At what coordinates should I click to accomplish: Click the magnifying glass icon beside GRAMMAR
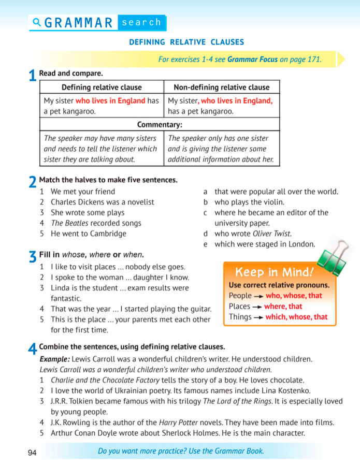pyautogui.click(x=36, y=22)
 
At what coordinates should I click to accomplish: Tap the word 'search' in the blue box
pyautogui.click(x=141, y=22)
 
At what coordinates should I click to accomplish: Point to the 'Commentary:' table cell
pyautogui.click(x=160, y=125)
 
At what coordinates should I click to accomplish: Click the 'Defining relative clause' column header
pyautogui.click(x=102, y=87)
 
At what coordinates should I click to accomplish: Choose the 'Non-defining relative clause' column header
pyautogui.click(x=222, y=87)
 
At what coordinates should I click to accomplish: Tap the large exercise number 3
pyautogui.click(x=33, y=257)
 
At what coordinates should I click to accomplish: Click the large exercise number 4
pyautogui.click(x=33, y=349)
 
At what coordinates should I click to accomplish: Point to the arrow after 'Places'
pyautogui.click(x=257, y=307)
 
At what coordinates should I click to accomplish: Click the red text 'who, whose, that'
pyautogui.click(x=294, y=296)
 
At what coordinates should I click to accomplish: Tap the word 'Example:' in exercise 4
pyautogui.click(x=54, y=359)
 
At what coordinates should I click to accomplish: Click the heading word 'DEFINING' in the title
pyautogui.click(x=147, y=42)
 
